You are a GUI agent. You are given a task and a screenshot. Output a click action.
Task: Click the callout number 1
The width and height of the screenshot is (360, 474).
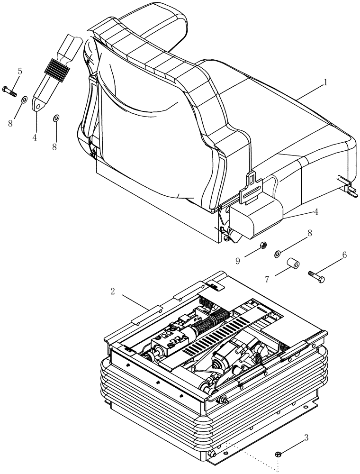(326, 82)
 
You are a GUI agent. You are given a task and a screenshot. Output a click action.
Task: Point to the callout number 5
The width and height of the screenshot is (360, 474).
(19, 72)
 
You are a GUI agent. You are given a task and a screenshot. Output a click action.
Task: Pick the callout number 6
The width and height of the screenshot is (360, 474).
(344, 255)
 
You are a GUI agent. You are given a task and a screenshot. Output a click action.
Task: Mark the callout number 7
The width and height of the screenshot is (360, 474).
(267, 280)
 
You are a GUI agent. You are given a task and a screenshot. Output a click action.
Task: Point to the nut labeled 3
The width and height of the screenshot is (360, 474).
(278, 455)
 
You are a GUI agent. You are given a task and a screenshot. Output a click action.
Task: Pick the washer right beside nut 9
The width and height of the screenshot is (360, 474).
(278, 255)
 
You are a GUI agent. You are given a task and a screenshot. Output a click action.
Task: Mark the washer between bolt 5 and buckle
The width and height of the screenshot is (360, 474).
(23, 100)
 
